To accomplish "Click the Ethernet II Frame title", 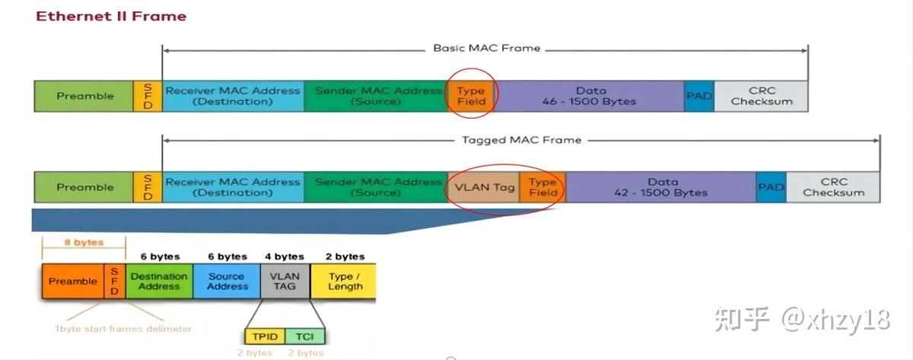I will click(x=111, y=16).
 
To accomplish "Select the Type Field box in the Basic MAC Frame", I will click(x=471, y=96).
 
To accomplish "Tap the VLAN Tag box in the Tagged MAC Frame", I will click(x=485, y=187).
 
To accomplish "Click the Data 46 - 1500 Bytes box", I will click(x=589, y=96).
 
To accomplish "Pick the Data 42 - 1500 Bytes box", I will click(x=661, y=187).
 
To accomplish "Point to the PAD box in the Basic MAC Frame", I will click(x=699, y=96).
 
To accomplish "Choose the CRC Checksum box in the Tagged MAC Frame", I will click(x=833, y=187).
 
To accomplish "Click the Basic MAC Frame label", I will click(x=487, y=48).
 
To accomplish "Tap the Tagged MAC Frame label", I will click(x=521, y=140).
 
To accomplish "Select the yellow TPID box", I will click(x=265, y=336).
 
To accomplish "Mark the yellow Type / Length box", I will click(x=345, y=282).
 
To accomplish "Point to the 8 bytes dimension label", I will click(x=84, y=243).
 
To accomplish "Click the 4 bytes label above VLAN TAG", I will click(x=284, y=256).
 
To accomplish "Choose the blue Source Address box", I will click(x=227, y=282).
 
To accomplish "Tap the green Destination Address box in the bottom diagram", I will click(x=159, y=282).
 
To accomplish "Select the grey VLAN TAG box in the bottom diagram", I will click(x=285, y=282).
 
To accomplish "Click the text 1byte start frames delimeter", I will click(x=122, y=329).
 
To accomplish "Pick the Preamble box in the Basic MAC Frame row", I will click(x=84, y=96).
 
